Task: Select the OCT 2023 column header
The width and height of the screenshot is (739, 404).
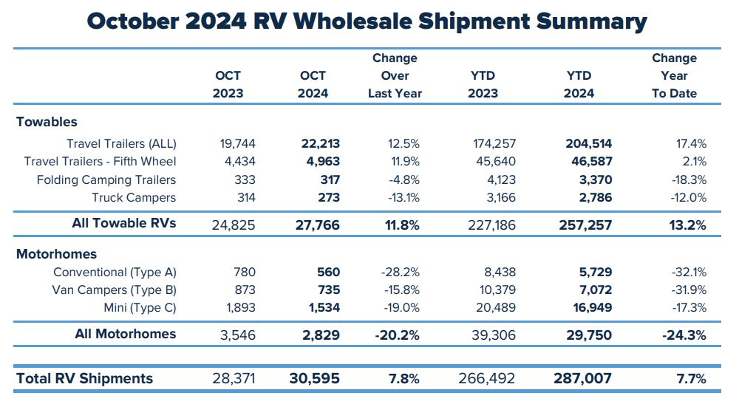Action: tap(228, 84)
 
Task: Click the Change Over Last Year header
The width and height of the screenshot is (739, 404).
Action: tap(395, 75)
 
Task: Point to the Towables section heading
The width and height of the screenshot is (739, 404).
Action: tap(47, 122)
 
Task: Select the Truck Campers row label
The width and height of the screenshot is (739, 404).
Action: tap(134, 197)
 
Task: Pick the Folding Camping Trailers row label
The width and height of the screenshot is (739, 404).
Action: tap(106, 179)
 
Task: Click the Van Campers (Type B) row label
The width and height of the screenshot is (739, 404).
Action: tap(115, 290)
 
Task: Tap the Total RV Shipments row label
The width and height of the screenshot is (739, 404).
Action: tap(84, 378)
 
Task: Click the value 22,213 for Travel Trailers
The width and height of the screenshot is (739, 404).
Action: tap(319, 144)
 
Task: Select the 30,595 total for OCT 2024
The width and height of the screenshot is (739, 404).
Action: tap(314, 379)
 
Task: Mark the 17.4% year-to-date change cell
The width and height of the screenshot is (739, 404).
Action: tap(690, 144)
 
